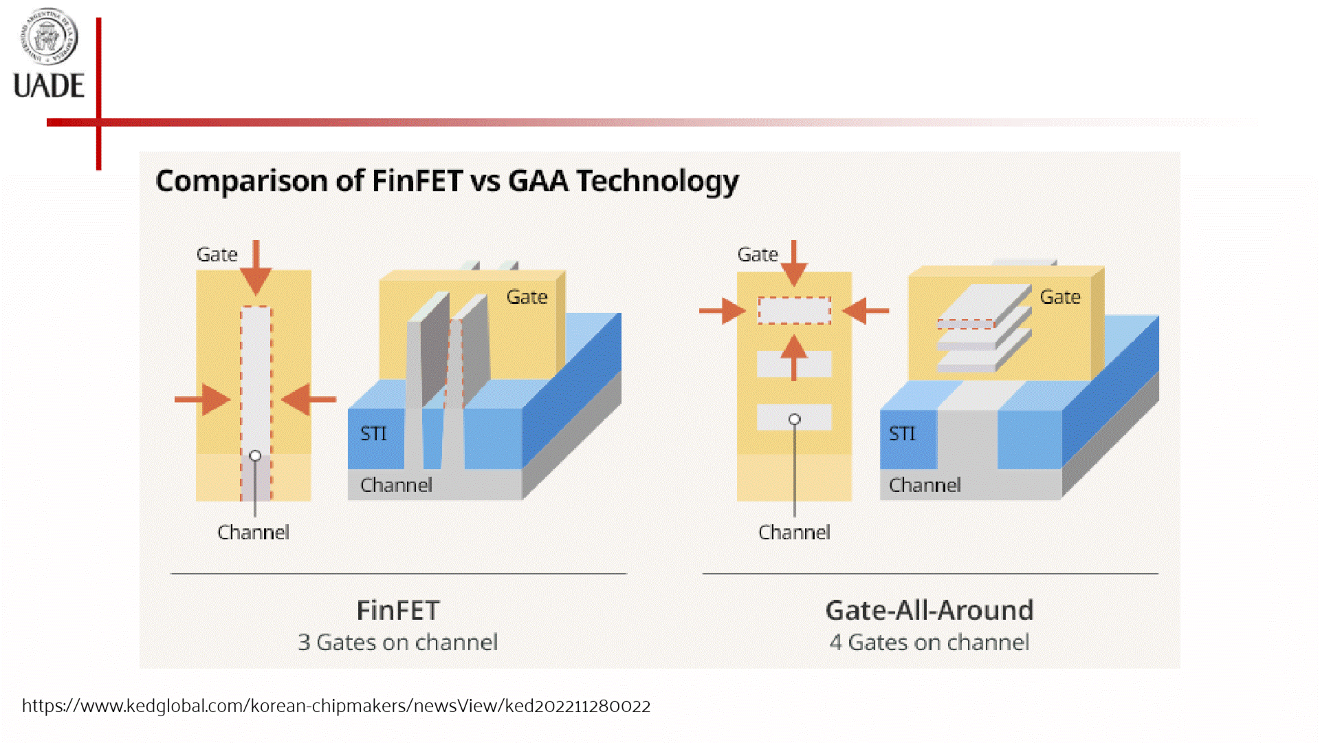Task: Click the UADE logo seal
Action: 48,36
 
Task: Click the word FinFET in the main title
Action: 417,181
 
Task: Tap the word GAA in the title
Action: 538,181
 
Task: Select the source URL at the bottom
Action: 336,706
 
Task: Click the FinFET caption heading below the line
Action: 397,610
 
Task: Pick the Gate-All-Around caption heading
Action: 929,610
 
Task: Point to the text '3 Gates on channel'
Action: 397,643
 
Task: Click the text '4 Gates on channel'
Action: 929,643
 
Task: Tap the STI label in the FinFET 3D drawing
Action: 373,433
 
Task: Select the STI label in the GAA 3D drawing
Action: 902,433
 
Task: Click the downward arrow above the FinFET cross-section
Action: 256,268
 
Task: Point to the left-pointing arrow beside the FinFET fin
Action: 308,399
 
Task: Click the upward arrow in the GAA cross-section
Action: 794,356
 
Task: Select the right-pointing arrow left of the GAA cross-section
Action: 722,311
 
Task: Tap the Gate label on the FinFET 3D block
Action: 527,297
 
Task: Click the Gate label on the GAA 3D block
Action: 1059,297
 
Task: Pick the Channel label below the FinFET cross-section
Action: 253,532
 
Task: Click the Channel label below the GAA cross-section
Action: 794,532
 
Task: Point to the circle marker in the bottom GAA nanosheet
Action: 794,419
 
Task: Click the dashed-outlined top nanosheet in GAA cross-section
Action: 794,310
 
